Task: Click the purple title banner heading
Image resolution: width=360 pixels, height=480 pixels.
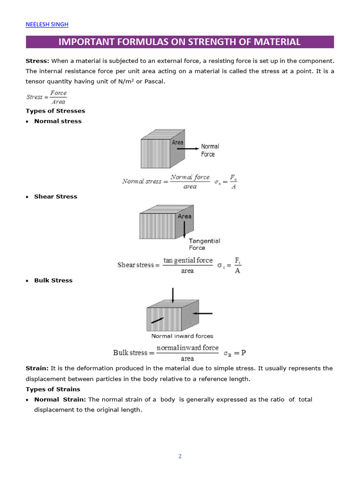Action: coord(180,42)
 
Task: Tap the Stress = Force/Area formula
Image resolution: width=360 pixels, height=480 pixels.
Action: coord(46,97)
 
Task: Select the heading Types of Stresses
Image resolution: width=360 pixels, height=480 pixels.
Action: coord(55,111)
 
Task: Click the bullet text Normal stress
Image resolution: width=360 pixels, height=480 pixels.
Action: coord(58,121)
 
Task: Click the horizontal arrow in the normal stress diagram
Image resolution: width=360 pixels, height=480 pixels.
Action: coord(190,149)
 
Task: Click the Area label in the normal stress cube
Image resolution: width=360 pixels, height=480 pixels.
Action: coord(178,142)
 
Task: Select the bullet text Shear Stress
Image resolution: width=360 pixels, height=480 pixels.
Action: coord(55,196)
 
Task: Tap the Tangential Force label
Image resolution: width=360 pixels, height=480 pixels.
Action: coord(204,244)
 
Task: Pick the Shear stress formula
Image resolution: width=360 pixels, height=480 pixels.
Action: coord(179,265)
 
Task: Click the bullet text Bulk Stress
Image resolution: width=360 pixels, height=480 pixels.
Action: coord(53,280)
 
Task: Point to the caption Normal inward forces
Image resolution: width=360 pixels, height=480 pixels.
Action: coord(182,336)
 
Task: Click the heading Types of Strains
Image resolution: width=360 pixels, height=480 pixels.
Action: coord(52,389)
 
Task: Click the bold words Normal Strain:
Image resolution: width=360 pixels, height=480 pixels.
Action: coord(60,399)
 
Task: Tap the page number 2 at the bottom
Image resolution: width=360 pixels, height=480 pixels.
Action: coord(180,456)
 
